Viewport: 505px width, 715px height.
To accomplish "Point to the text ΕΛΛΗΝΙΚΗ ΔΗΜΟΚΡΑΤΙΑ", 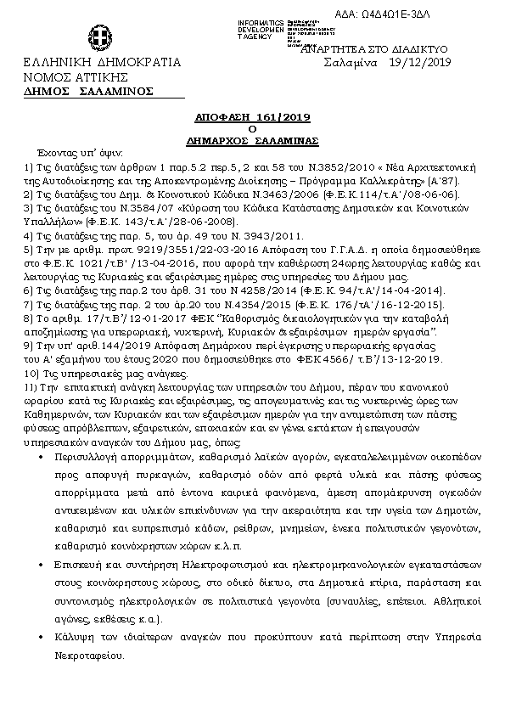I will (x=102, y=64).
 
